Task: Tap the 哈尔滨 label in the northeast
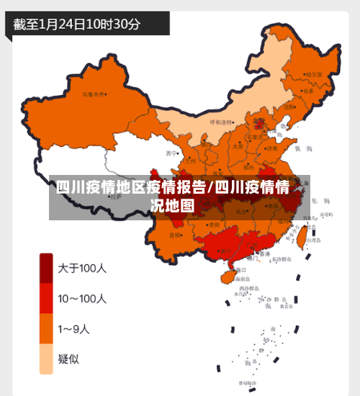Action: click(314, 74)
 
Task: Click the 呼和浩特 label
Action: click(222, 122)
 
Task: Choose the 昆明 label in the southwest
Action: click(175, 235)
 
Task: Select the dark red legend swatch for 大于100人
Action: click(46, 269)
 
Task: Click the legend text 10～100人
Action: click(82, 298)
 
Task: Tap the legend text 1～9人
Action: click(74, 329)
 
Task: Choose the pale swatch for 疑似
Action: click(46, 359)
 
